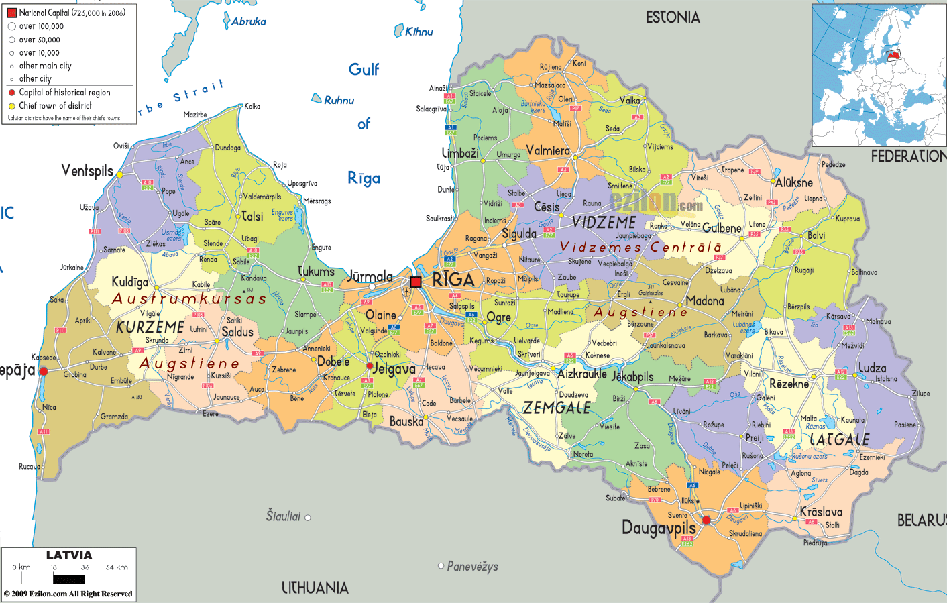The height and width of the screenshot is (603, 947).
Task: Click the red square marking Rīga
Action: tap(416, 282)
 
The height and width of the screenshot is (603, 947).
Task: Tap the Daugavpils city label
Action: tap(659, 528)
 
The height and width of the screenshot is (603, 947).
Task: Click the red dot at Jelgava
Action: tap(370, 366)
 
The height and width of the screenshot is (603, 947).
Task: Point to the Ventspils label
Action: tap(87, 170)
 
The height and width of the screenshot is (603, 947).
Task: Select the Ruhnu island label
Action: tap(339, 100)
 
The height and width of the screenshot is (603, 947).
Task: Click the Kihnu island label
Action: tap(419, 32)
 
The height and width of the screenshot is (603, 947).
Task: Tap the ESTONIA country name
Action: tap(673, 17)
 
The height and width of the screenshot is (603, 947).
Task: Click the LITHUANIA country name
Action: tap(315, 588)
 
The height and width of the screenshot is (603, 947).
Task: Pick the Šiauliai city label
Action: tap(283, 516)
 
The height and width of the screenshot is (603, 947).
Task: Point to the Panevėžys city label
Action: tap(472, 566)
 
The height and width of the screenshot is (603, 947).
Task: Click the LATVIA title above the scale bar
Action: tap(69, 555)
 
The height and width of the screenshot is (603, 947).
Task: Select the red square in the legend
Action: tap(11, 13)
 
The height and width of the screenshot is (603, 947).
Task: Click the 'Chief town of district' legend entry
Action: tap(55, 105)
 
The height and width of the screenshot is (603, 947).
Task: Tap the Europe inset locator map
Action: tap(879, 75)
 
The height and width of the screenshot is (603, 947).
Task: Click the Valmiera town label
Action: tap(548, 150)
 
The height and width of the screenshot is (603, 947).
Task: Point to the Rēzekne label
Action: tap(789, 384)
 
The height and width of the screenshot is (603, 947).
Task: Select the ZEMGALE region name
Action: tap(557, 408)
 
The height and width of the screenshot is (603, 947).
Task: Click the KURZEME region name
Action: tap(150, 327)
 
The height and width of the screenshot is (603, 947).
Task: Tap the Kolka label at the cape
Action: tap(252, 106)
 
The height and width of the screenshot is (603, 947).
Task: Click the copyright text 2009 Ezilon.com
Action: tap(68, 594)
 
